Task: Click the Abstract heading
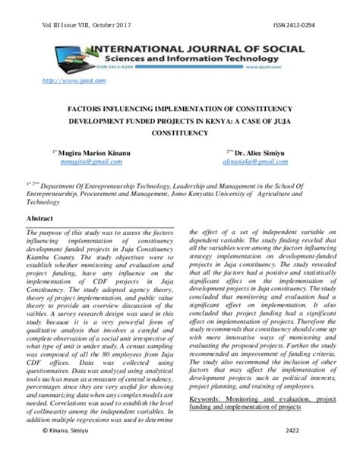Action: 40,218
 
